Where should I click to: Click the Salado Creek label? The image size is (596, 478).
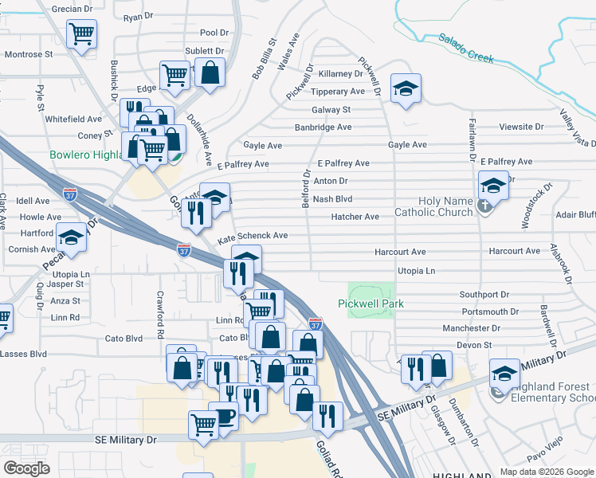pos(465,48)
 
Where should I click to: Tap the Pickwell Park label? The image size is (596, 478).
pos(371,304)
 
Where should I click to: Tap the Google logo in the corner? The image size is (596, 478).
pos(27,468)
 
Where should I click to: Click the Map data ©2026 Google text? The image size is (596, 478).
pos(546,472)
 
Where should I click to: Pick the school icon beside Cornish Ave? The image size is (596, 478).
pos(72,237)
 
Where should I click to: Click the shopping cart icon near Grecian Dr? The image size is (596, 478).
pos(81,34)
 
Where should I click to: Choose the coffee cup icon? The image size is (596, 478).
pos(223,415)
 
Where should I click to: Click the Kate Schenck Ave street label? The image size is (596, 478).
pos(252,236)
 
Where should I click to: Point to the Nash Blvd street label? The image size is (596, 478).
pos(332,199)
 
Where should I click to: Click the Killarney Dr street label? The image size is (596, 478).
pos(340,73)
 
